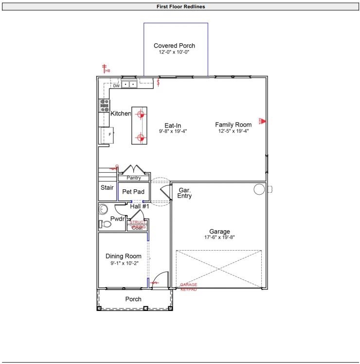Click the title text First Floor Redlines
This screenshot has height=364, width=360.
pyautogui.click(x=180, y=7)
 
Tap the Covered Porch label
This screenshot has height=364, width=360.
pyautogui.click(x=174, y=46)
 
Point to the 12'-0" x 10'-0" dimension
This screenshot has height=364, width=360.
pyautogui.click(x=174, y=52)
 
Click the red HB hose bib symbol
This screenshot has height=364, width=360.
pyautogui.click(x=104, y=69)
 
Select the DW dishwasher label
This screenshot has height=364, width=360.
pyautogui.click(x=116, y=86)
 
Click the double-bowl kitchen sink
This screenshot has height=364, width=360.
pyautogui.click(x=128, y=85)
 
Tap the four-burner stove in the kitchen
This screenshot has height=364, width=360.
pyautogui.click(x=105, y=105)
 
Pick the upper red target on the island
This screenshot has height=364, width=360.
pyautogui.click(x=141, y=115)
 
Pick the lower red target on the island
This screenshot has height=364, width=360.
pyautogui.click(x=141, y=138)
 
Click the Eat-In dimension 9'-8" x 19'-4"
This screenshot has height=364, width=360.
pyautogui.click(x=173, y=131)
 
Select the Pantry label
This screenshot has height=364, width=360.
pyautogui.click(x=133, y=178)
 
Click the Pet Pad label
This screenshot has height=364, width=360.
pyautogui.click(x=133, y=192)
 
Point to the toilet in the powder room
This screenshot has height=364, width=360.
pyautogui.click(x=105, y=224)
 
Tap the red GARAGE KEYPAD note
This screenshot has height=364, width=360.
pyautogui.click(x=189, y=287)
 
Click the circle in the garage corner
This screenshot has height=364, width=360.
pyautogui.click(x=259, y=189)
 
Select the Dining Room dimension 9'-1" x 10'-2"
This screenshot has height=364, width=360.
pyautogui.click(x=124, y=263)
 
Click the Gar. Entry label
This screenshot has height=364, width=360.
pyautogui.click(x=185, y=193)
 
